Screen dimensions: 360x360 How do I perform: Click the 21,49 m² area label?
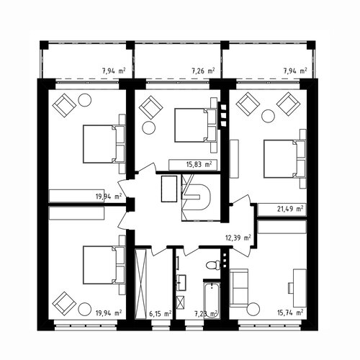click(290, 209)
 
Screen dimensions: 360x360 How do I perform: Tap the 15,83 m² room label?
click(199, 165)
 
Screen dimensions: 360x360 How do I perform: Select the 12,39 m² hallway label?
click(238, 238)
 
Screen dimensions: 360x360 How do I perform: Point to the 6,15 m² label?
click(161, 313)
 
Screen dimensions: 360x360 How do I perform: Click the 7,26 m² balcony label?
click(203, 71)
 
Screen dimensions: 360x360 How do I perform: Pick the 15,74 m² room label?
click(290, 313)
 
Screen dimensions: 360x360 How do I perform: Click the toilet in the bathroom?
click(213, 265)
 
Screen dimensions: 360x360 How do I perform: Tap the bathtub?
click(212, 300)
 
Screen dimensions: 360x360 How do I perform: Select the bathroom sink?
click(181, 283)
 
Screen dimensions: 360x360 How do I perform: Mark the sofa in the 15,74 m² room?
click(238, 288)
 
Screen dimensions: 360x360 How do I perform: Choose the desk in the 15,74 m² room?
click(300, 288)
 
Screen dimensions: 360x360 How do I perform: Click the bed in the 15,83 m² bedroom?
click(196, 125)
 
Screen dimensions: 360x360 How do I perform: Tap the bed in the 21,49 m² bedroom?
click(284, 159)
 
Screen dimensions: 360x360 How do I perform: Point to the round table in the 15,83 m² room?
click(149, 128)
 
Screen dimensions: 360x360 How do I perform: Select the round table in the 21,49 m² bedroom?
click(268, 116)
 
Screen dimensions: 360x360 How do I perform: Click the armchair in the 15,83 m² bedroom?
click(150, 107)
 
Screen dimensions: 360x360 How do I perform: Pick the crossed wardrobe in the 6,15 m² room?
click(140, 284)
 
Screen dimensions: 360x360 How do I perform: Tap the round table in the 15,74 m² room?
click(253, 310)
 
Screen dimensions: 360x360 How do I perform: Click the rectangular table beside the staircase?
click(169, 189)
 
